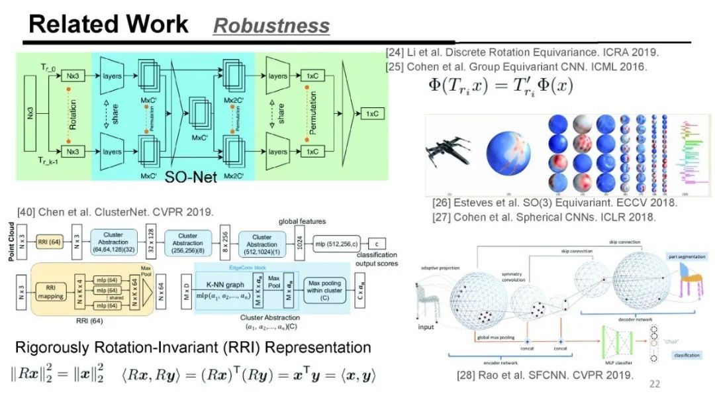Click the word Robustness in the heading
pyautogui.click(x=271, y=25)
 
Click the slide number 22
pyautogui.click(x=655, y=383)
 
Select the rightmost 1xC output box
pyautogui.click(x=373, y=114)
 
